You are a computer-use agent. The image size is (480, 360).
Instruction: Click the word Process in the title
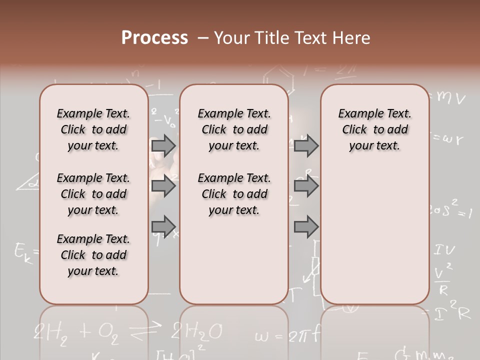(154, 38)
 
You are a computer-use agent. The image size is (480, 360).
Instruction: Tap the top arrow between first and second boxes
(163, 145)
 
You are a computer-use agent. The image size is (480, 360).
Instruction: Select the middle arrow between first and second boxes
(163, 186)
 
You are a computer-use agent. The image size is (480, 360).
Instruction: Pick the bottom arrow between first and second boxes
(163, 226)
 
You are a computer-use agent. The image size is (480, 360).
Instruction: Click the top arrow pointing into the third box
(306, 145)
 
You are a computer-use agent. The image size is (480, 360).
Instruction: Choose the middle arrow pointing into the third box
(306, 186)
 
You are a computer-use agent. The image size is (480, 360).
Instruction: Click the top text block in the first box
(93, 129)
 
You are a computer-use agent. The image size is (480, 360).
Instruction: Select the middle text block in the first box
(93, 194)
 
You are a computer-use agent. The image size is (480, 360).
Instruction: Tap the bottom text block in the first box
(93, 255)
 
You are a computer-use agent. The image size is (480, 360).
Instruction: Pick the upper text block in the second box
(234, 129)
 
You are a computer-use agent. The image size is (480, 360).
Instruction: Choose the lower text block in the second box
(234, 194)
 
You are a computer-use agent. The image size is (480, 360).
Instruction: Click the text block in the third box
(374, 129)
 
